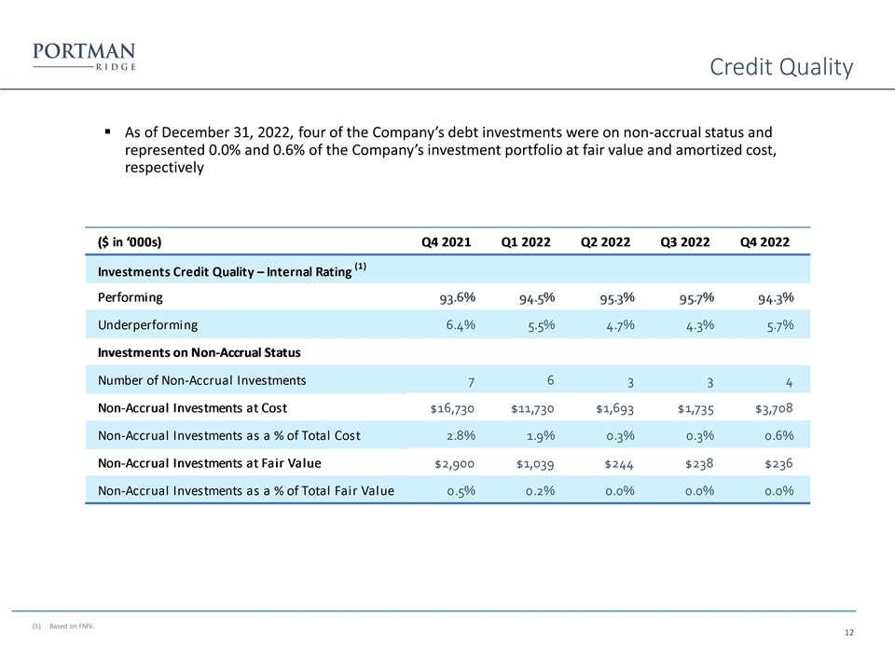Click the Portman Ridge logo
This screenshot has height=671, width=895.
pyautogui.click(x=84, y=56)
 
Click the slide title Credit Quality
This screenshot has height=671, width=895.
pyautogui.click(x=780, y=67)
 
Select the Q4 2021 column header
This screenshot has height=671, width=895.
pyautogui.click(x=446, y=242)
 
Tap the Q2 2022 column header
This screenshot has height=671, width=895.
pyautogui.click(x=605, y=242)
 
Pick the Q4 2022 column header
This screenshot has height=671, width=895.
pyautogui.click(x=764, y=242)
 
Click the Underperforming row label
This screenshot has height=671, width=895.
pyautogui.click(x=147, y=324)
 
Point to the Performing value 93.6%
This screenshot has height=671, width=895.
pyautogui.click(x=458, y=298)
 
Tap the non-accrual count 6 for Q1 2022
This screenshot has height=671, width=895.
pyautogui.click(x=551, y=379)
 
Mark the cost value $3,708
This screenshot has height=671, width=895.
pyautogui.click(x=769, y=408)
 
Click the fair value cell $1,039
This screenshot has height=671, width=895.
pyautogui.click(x=534, y=463)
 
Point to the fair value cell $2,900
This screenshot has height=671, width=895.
pyautogui.click(x=454, y=463)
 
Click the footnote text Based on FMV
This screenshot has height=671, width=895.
pyautogui.click(x=72, y=625)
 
